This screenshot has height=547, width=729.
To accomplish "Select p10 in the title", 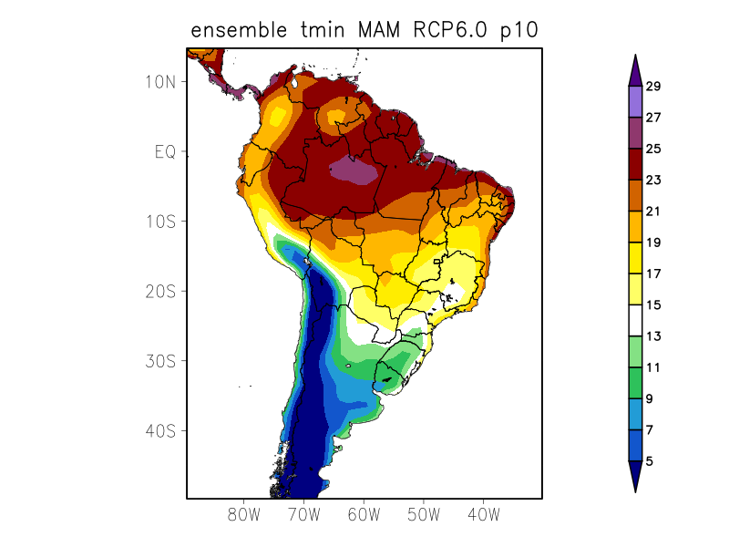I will pyautogui.click(x=519, y=30).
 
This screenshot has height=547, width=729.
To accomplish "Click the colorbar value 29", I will pyautogui.click(x=653, y=87).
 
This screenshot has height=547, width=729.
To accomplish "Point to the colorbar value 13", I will pyautogui.click(x=653, y=336).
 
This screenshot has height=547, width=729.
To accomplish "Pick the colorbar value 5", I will pyautogui.click(x=650, y=461).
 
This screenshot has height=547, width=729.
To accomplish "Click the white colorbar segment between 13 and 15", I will pyautogui.click(x=634, y=321).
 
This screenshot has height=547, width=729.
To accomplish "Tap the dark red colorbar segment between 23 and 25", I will pyautogui.click(x=634, y=164).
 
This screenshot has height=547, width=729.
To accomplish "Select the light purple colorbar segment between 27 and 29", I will pyautogui.click(x=634, y=102).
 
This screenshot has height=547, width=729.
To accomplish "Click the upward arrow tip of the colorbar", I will pyautogui.click(x=634, y=57).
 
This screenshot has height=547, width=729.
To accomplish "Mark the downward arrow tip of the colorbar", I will pyautogui.click(x=634, y=490).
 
